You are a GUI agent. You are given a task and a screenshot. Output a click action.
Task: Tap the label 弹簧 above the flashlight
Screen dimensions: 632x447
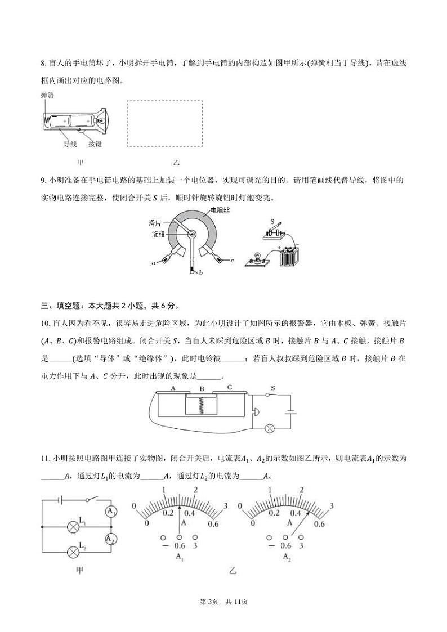pos(47,96)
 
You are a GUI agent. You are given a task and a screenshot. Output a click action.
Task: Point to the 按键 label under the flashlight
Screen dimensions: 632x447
pos(95,144)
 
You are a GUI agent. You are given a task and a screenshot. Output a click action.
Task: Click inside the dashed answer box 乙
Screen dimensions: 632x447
pos(164,124)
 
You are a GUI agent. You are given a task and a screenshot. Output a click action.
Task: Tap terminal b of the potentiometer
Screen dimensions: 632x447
pos(193,270)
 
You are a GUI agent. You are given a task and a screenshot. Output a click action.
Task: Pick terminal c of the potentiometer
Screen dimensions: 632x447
pos(231,261)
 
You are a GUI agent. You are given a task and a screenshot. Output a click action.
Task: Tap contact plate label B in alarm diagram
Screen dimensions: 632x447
pos(202,389)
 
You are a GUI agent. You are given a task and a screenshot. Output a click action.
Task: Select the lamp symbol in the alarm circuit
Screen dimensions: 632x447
pos(269,427)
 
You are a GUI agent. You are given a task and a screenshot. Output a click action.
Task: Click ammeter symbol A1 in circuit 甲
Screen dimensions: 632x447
pos(111,512)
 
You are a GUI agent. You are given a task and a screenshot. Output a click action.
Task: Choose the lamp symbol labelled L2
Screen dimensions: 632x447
pos(73,552)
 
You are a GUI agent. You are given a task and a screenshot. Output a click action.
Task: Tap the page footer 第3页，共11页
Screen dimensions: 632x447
pos(223,601)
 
